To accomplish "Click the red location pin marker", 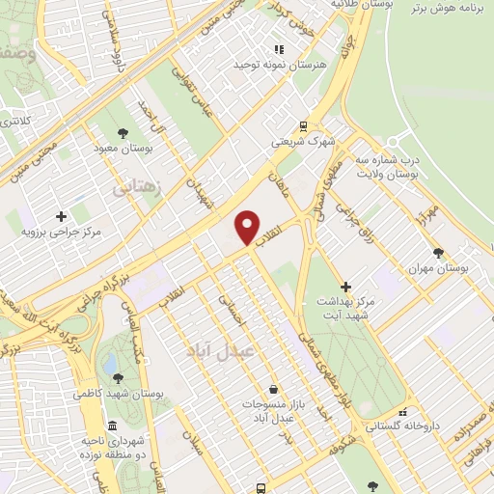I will pyautogui.click(x=248, y=227).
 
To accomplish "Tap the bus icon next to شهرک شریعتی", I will pyautogui.click(x=304, y=125).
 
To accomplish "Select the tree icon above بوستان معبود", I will pyautogui.click(x=123, y=133).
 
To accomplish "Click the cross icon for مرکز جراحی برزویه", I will pyautogui.click(x=61, y=216).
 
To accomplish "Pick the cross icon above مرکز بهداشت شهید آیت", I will pyautogui.click(x=345, y=286).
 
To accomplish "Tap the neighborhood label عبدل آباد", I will pyautogui.click(x=220, y=352).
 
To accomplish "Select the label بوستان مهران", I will pyautogui.click(x=439, y=268).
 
